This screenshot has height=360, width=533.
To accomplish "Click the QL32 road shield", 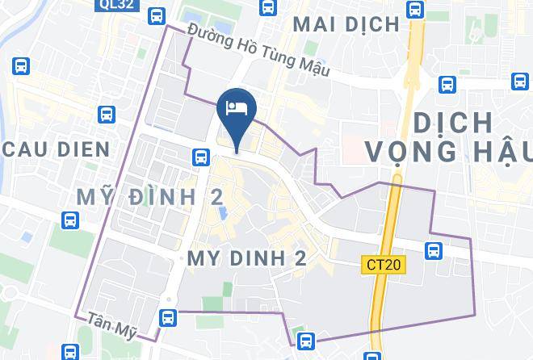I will [119, 6].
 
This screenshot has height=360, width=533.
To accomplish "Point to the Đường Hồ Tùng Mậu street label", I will [258, 50].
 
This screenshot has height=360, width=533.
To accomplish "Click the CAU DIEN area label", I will [56, 149].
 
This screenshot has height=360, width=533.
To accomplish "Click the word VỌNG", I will [413, 151].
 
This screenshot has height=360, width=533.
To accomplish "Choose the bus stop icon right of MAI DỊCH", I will [415, 10].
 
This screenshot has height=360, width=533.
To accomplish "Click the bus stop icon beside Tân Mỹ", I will [168, 318].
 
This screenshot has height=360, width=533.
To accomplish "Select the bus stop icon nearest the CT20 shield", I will [434, 250].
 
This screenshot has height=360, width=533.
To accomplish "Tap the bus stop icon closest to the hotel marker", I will [199, 157].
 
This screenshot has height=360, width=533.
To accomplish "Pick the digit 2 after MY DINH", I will [300, 258].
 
